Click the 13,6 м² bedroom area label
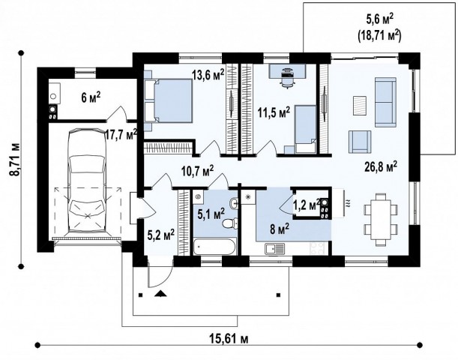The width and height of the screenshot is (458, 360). point(208,74)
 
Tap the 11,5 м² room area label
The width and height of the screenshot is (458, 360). point(274,112)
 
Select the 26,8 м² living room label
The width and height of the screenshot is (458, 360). point(381,166)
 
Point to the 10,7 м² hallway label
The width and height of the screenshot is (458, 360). point(197,171)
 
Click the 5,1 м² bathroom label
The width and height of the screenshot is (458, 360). point(211,214)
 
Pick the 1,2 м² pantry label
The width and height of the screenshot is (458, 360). point(307,205)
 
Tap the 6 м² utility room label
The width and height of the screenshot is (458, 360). point(91,97)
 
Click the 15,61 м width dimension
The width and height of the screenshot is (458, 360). point(229,339)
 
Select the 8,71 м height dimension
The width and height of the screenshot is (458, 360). point(14,159)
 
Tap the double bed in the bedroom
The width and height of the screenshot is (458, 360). point(169,100)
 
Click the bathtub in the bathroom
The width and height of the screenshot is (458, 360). point(214,247)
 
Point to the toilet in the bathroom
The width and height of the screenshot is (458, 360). point(229,223)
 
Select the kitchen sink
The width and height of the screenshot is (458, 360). point(275,249)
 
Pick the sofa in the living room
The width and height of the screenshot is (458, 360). point(385,102)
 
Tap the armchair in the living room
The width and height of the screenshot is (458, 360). point(360,142)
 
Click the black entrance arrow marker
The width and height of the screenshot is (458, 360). point(160,294)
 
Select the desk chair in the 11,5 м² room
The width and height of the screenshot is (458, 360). point(287,78)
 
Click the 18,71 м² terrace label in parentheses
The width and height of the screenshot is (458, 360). point(379,36)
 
